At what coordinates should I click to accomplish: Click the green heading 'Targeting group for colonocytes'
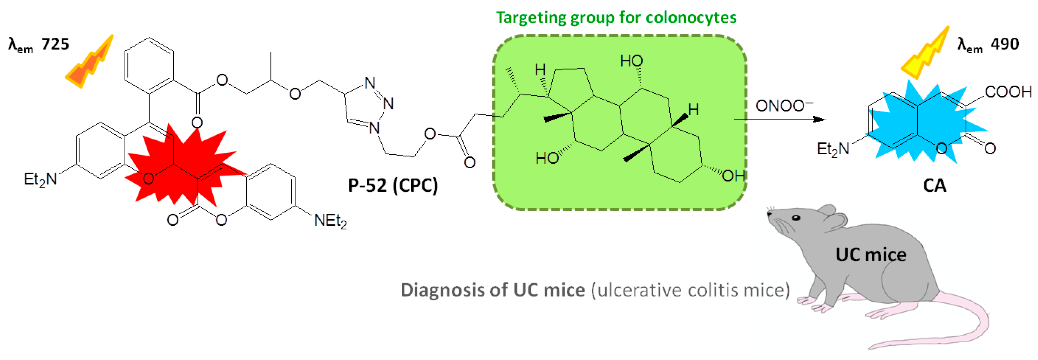click(616, 18)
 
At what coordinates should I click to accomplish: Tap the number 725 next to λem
click(55, 44)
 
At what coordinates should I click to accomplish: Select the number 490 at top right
click(1005, 44)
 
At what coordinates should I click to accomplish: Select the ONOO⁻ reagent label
click(783, 106)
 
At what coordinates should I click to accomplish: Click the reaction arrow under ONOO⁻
click(780, 119)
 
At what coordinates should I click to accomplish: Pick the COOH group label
click(1008, 92)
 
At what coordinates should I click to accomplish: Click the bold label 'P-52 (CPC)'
click(393, 185)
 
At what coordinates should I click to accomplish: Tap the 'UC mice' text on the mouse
click(870, 255)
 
